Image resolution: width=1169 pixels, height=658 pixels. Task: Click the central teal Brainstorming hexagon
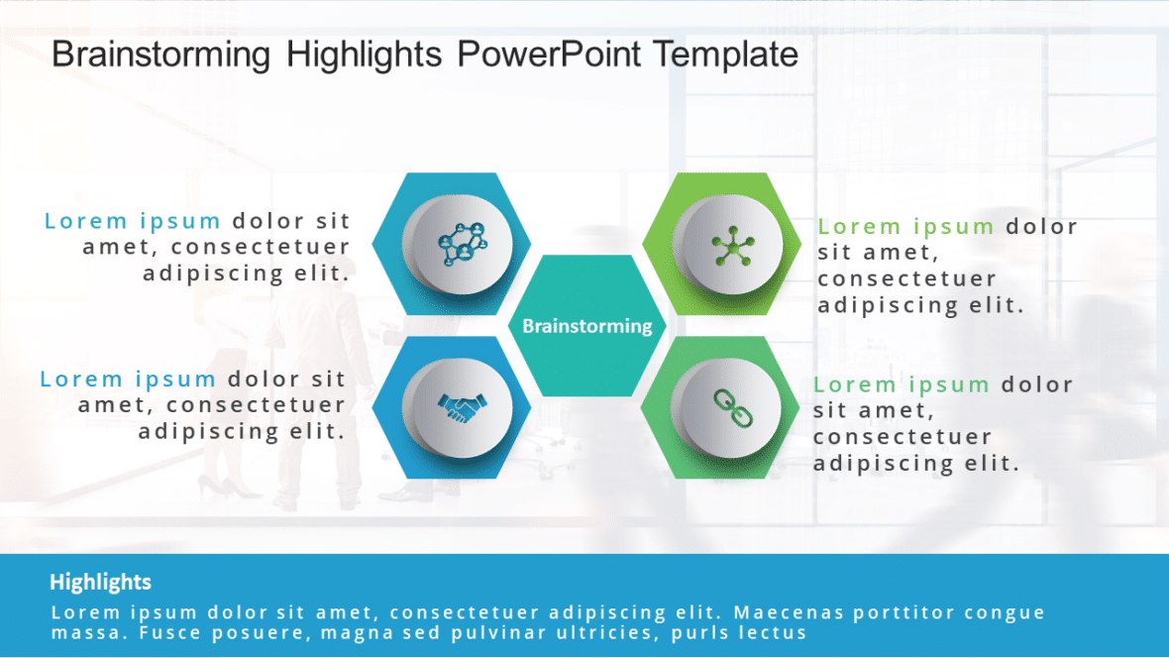(587, 326)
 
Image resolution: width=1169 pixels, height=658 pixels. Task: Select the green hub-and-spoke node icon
(732, 245)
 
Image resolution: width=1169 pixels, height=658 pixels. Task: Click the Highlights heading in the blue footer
(100, 582)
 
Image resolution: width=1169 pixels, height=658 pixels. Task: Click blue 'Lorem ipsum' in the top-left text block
(133, 221)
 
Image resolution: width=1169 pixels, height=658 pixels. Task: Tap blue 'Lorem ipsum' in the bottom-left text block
(129, 379)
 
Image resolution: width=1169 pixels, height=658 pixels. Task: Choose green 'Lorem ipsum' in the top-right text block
(906, 227)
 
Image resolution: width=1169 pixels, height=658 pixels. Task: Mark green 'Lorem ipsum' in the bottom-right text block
(903, 384)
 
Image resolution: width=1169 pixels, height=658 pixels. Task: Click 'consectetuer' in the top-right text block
(906, 279)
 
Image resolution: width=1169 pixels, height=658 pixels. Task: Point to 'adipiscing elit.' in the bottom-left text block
(242, 431)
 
